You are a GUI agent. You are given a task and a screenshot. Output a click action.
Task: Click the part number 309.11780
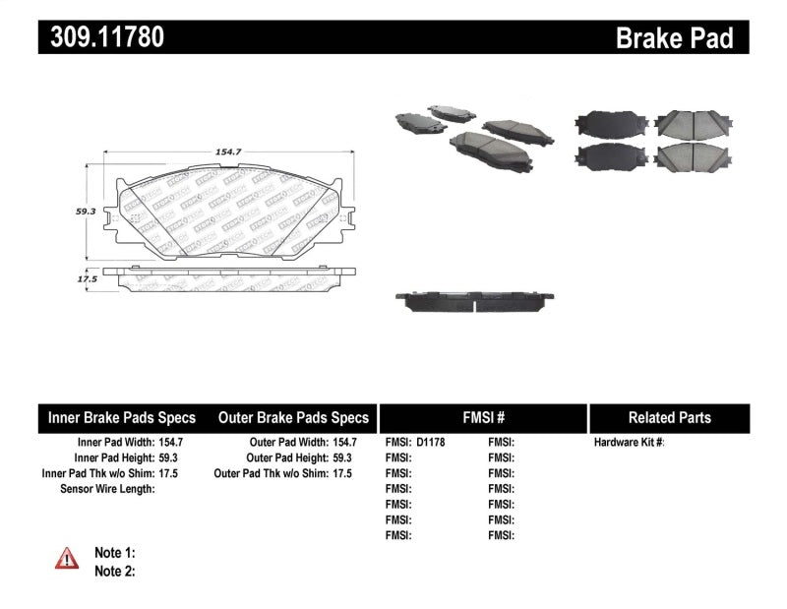(101, 37)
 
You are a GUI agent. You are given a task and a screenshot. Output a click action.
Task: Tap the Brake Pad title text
(675, 37)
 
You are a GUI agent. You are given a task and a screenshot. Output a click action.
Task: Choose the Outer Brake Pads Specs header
(293, 418)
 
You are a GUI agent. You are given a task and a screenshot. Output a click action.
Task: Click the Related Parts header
(669, 418)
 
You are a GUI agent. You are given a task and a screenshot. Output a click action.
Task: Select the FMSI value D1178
(431, 443)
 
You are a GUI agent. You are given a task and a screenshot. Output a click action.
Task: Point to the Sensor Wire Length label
(107, 489)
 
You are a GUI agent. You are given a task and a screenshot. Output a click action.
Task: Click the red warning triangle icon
(67, 559)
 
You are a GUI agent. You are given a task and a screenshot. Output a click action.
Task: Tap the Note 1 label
(114, 553)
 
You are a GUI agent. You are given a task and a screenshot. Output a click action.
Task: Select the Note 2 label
(114, 571)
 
